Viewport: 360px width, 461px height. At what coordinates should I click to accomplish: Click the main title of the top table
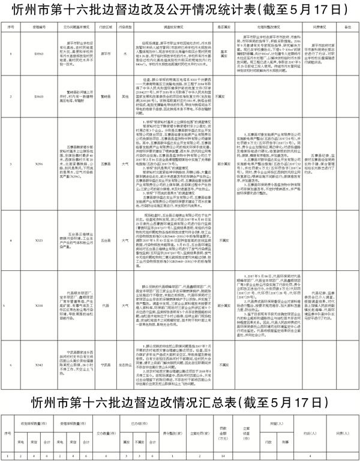(x=180, y=10)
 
